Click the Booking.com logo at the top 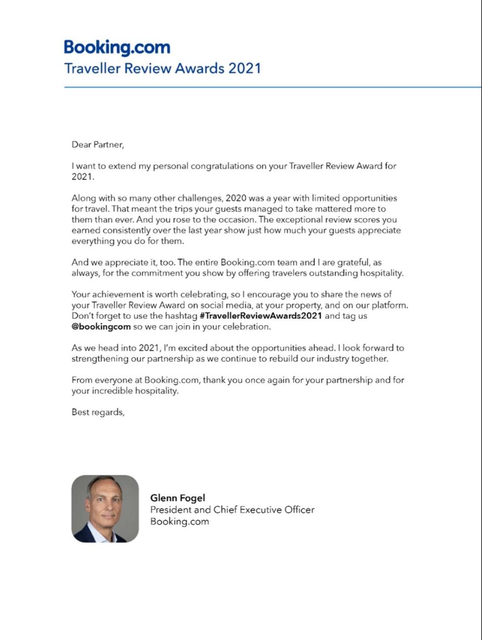point(117,48)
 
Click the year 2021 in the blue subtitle point(244,69)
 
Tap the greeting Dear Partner point(98,145)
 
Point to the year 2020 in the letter point(236,198)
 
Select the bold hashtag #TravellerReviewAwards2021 point(261,316)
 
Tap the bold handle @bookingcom point(101,327)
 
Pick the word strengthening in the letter point(100,359)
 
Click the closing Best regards point(98,412)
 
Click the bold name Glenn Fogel point(178,498)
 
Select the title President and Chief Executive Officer point(232,510)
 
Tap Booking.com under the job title point(180,522)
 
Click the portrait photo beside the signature point(105,509)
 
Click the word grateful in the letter point(352,262)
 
